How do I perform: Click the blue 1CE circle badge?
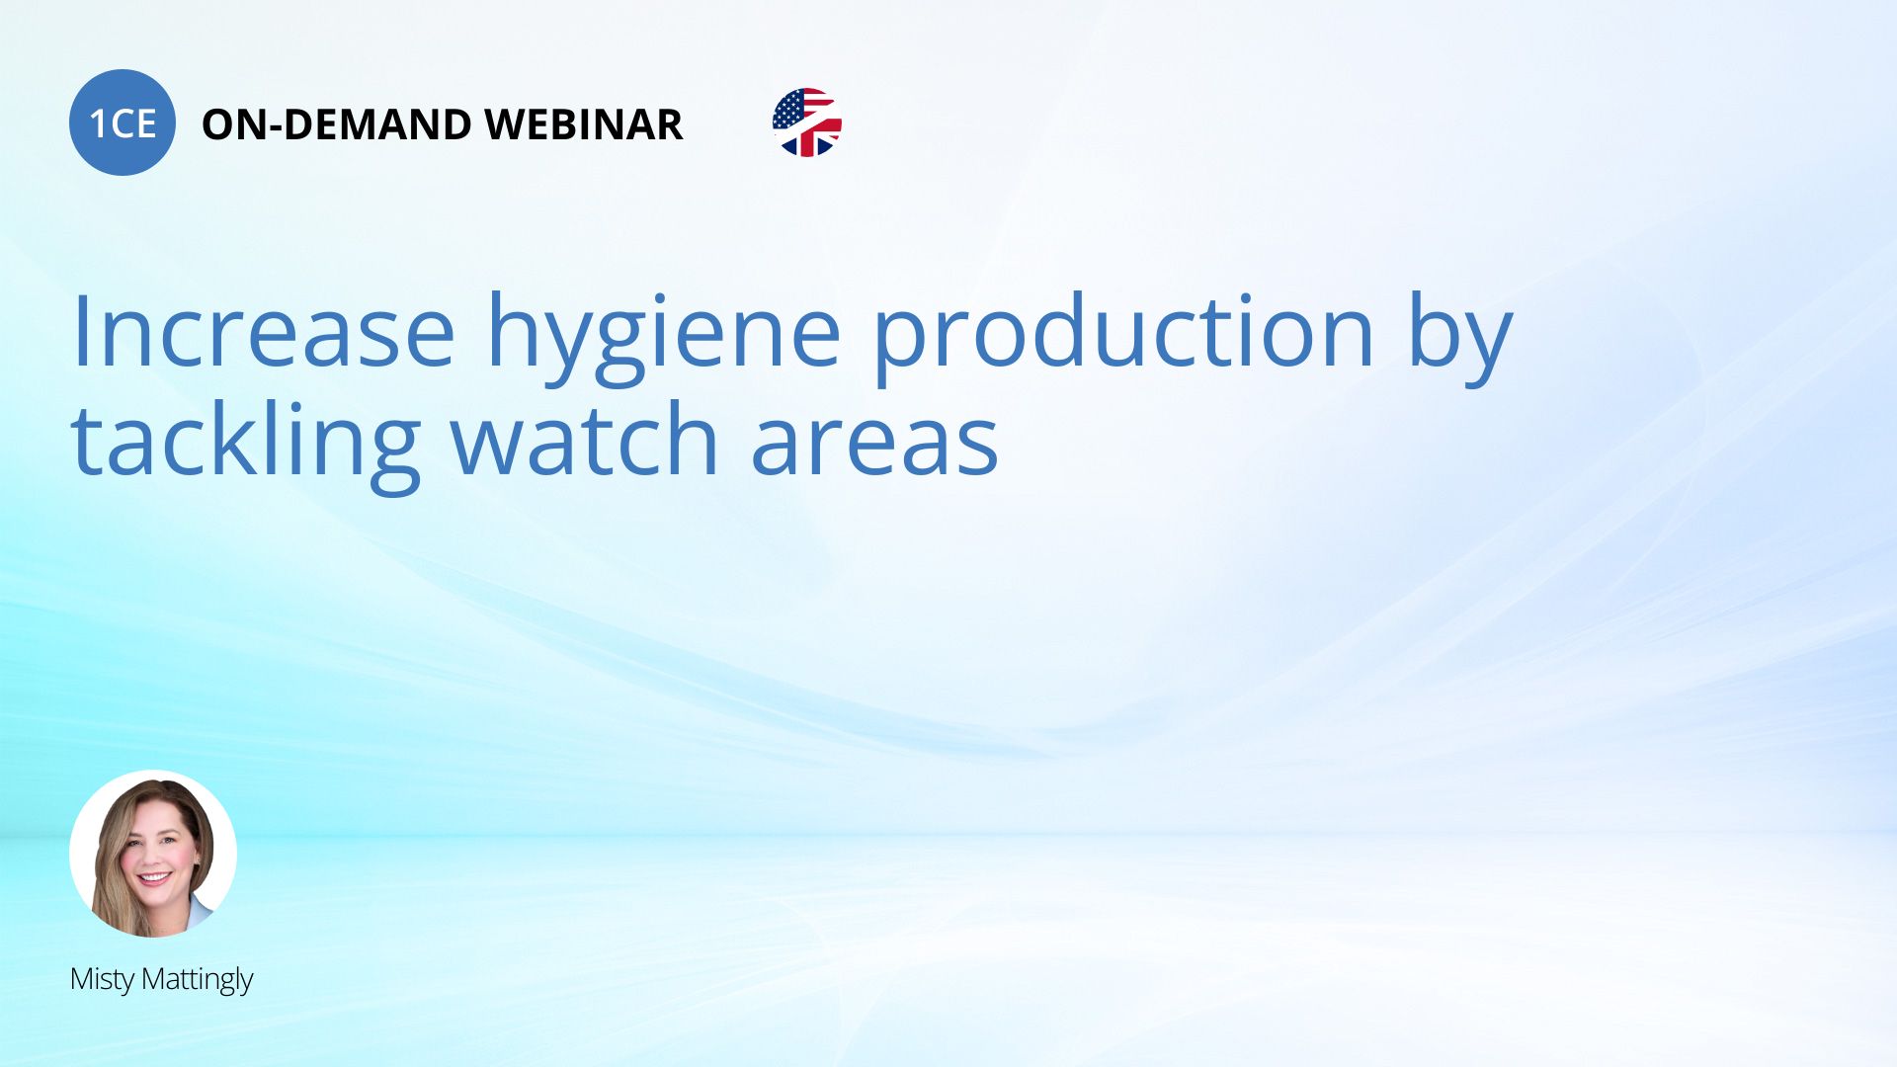(123, 123)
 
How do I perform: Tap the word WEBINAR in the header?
(584, 124)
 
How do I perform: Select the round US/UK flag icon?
(807, 123)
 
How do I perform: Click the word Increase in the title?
(263, 332)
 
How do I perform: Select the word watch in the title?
(585, 439)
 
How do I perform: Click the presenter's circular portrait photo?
(153, 854)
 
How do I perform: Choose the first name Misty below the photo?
(102, 980)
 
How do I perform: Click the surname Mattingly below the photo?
(198, 980)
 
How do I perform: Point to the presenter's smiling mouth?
(155, 876)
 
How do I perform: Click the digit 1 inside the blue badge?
(98, 124)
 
